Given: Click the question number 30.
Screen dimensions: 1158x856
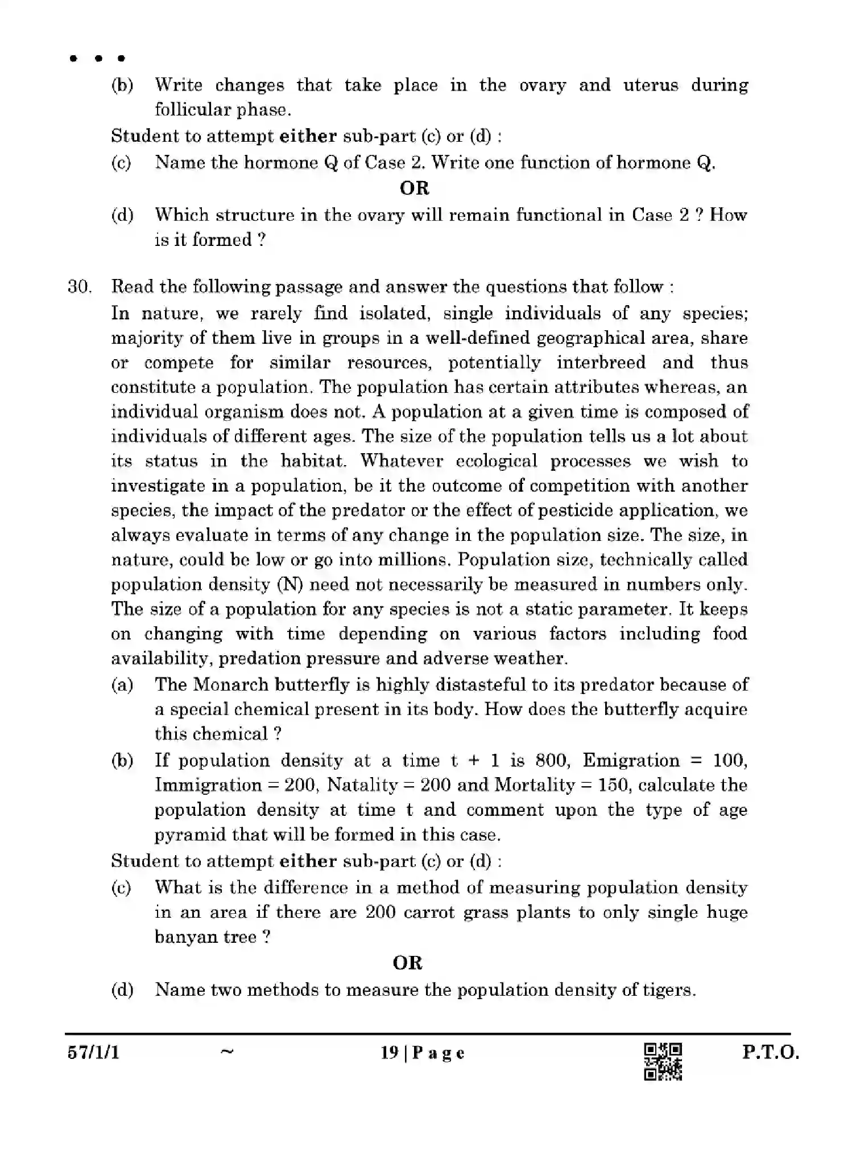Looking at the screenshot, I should pyautogui.click(x=79, y=286).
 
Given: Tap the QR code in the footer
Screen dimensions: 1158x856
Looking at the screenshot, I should pyautogui.click(x=663, y=1061).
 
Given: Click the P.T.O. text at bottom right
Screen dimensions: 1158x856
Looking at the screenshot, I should pyautogui.click(x=770, y=1052).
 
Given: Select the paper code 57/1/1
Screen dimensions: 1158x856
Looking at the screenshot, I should pyautogui.click(x=93, y=1052).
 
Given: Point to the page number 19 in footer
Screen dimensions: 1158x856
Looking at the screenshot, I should pyautogui.click(x=389, y=1053).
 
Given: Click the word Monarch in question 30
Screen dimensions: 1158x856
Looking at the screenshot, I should pyautogui.click(x=230, y=684).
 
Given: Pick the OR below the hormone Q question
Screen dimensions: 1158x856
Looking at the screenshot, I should pyautogui.click(x=414, y=188).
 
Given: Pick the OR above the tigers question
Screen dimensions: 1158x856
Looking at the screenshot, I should pyautogui.click(x=407, y=963).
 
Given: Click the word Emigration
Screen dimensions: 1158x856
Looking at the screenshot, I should pyautogui.click(x=631, y=760).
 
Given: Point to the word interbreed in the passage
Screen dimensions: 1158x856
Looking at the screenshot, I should pyautogui.click(x=601, y=363).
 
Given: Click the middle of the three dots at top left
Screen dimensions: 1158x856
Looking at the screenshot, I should pyautogui.click(x=98, y=58).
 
